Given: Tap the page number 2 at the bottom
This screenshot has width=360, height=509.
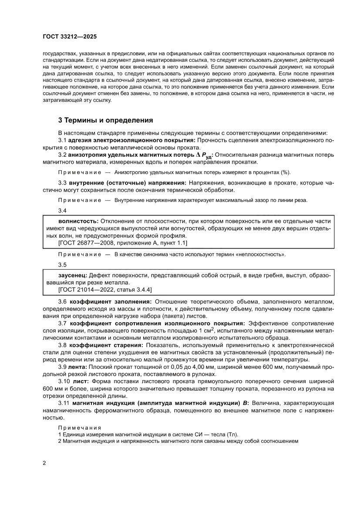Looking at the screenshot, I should tap(44, 462).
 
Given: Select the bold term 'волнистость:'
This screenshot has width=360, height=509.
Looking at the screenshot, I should tap(72, 221).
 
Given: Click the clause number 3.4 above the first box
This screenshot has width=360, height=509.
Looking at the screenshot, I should tap(62, 211).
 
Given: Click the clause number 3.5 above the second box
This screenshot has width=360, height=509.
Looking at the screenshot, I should tap(62, 265).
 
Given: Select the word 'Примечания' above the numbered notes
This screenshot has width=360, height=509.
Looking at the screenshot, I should tap(79, 428).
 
